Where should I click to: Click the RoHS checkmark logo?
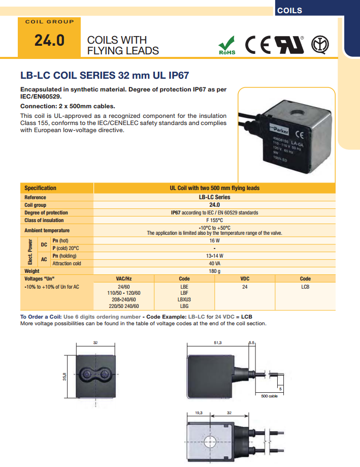pyautogui.click(x=227, y=45)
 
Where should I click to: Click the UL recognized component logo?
pyautogui.click(x=289, y=45)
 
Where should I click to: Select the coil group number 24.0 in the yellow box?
pyautogui.click(x=49, y=41)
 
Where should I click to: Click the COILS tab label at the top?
pyautogui.click(x=289, y=10)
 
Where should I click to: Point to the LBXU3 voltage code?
pyautogui.click(x=184, y=300)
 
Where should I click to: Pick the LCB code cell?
pyautogui.click(x=305, y=287)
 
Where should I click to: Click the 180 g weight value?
pyautogui.click(x=214, y=271)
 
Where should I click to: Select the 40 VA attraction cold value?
pyautogui.click(x=214, y=263)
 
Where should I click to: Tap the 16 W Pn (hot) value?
pyautogui.click(x=214, y=240)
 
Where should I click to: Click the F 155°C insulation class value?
pyautogui.click(x=214, y=220)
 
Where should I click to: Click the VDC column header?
pyautogui.click(x=244, y=278)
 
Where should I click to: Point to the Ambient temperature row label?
pyautogui.click(x=47, y=230)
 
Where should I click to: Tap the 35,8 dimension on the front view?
pyautogui.click(x=65, y=377)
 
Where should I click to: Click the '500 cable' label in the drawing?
pyautogui.click(x=269, y=396)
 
